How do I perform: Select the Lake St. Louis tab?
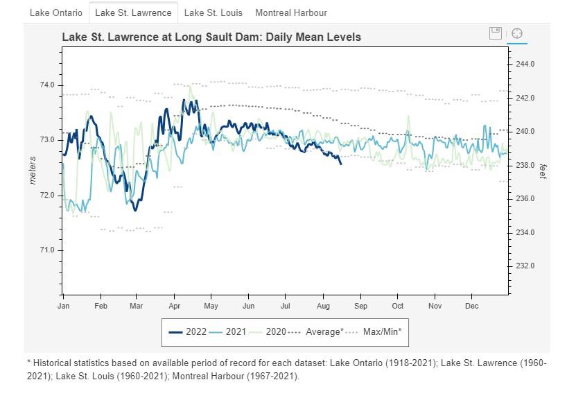coord(213,12)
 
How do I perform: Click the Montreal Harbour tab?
coord(290,12)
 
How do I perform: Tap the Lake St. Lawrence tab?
coord(133,12)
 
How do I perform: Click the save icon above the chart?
coord(495,33)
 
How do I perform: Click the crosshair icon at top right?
coord(516,33)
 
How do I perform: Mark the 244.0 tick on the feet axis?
coord(525,64)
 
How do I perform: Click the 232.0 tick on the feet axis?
coord(525,266)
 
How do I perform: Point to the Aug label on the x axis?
coord(323,306)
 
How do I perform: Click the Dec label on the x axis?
coord(471,306)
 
